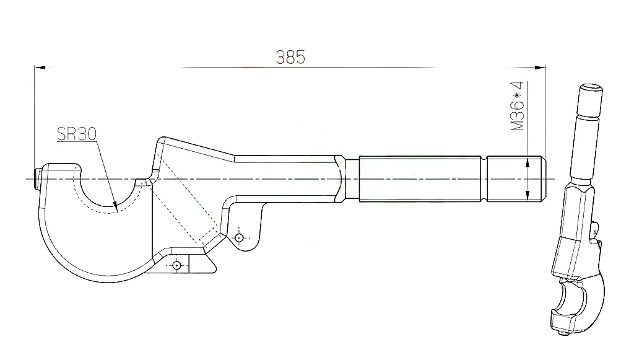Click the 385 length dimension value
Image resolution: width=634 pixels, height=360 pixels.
(291, 57)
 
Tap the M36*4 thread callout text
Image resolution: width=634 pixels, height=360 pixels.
(518, 107)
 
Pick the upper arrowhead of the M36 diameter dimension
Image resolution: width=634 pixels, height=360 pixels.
(528, 164)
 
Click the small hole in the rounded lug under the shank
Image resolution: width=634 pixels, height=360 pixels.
(239, 237)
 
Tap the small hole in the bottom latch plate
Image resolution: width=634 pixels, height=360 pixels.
(177, 265)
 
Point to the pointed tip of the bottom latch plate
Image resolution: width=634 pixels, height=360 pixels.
(216, 270)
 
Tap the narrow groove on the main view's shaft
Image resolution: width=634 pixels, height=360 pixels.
(484, 179)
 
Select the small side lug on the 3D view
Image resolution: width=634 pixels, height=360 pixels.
(596, 229)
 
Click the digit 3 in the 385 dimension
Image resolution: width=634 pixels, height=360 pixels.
(281, 57)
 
